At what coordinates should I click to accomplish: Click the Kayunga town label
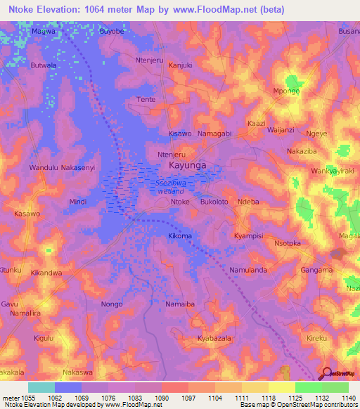point(187,166)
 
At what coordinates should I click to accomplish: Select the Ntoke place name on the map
point(180,202)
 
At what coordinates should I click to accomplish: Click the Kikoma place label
point(180,236)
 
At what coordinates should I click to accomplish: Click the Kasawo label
point(27,214)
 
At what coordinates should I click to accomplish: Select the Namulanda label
point(247,270)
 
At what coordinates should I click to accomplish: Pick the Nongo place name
point(112,304)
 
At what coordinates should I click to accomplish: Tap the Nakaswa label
point(77,372)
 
